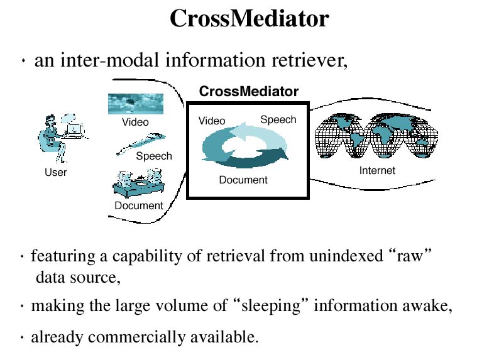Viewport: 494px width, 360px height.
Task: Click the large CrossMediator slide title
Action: (x=250, y=18)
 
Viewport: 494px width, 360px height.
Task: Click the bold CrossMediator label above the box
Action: (x=249, y=91)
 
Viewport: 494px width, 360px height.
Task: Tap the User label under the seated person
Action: (x=56, y=172)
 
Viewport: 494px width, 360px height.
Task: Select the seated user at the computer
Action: (x=62, y=139)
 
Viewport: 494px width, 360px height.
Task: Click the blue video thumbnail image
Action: (x=136, y=104)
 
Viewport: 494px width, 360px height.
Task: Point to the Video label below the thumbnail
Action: (x=135, y=122)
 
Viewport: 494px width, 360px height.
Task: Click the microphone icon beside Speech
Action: (x=141, y=144)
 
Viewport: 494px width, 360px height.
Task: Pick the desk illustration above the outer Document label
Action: (x=139, y=183)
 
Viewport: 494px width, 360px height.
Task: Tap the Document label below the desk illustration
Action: (x=139, y=205)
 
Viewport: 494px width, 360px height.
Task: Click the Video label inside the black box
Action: (x=212, y=121)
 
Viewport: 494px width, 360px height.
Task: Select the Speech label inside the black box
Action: (x=278, y=119)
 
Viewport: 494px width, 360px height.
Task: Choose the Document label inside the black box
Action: (x=243, y=180)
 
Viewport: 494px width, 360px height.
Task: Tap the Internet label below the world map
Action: (x=377, y=170)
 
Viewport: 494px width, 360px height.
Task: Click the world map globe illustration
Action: (x=376, y=136)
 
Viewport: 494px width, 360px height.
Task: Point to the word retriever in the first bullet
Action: (x=309, y=60)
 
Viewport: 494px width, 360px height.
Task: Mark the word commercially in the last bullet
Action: (x=136, y=337)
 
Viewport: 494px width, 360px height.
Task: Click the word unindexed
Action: (x=346, y=256)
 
